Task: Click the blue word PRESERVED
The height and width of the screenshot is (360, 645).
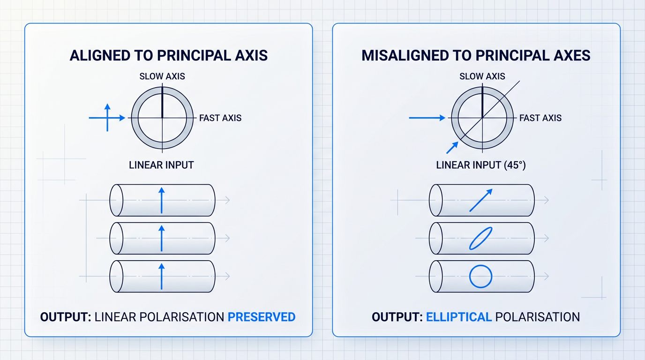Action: [262, 317]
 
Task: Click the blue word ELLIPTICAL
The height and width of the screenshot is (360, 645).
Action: [459, 317]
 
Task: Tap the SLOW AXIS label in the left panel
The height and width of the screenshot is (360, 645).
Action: [162, 76]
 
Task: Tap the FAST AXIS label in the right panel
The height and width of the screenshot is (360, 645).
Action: [540, 118]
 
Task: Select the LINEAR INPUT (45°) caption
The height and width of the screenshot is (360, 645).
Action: [481, 165]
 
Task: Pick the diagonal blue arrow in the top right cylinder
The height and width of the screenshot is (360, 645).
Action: [481, 200]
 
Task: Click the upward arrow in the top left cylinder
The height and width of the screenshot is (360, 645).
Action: [162, 201]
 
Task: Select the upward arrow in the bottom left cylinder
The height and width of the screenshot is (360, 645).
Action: [162, 277]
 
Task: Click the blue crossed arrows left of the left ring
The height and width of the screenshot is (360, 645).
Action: [107, 118]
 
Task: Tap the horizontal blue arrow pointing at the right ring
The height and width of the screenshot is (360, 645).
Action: [427, 118]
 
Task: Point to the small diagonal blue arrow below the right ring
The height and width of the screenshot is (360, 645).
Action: [452, 148]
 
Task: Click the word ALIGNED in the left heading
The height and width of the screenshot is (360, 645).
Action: [100, 55]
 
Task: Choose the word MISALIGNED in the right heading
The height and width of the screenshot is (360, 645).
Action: [405, 55]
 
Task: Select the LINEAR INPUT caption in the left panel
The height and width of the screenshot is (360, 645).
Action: [161, 165]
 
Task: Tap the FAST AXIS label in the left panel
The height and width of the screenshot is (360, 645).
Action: [220, 118]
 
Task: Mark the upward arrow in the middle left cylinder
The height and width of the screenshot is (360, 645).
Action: [162, 239]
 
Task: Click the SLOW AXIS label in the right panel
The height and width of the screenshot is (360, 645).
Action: [482, 76]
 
